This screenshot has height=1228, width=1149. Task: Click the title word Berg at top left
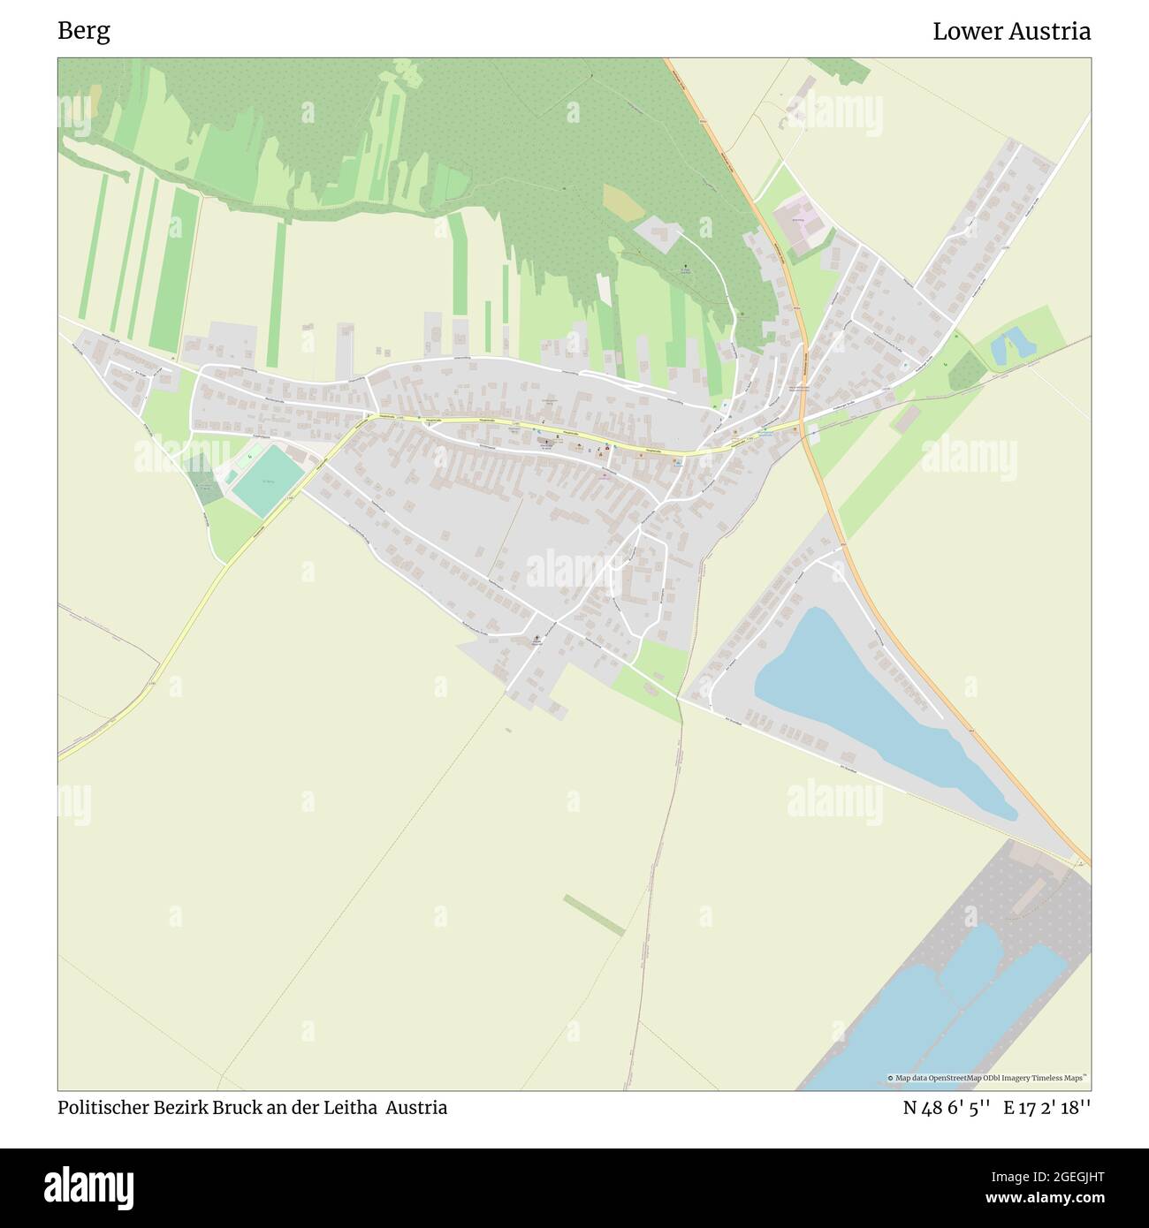click(x=84, y=32)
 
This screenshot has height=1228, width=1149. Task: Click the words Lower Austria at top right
click(x=1011, y=32)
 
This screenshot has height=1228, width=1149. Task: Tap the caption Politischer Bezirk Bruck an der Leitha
click(x=220, y=1108)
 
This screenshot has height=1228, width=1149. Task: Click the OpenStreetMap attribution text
click(x=990, y=1078)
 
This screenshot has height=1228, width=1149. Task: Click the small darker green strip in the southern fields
click(x=594, y=914)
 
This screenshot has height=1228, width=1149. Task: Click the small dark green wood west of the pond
click(x=965, y=370)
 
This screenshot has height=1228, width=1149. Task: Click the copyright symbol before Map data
click(x=891, y=1078)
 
